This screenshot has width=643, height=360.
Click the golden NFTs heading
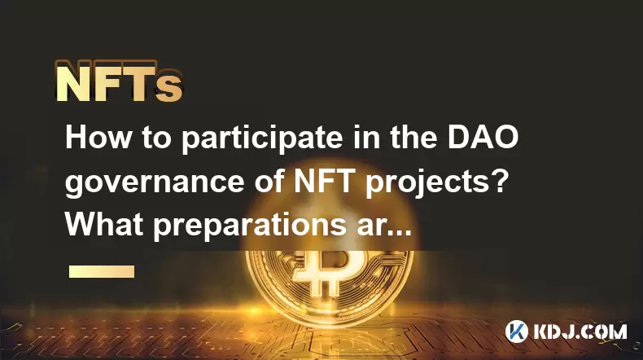coord(119,81)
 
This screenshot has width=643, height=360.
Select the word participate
coord(262,139)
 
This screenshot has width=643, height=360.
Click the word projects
coord(425,183)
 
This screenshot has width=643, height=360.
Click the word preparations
coord(250,226)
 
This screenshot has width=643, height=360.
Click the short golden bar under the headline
coord(102,271)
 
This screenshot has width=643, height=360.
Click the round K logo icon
coord(517,331)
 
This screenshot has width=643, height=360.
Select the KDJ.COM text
coord(580,331)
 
